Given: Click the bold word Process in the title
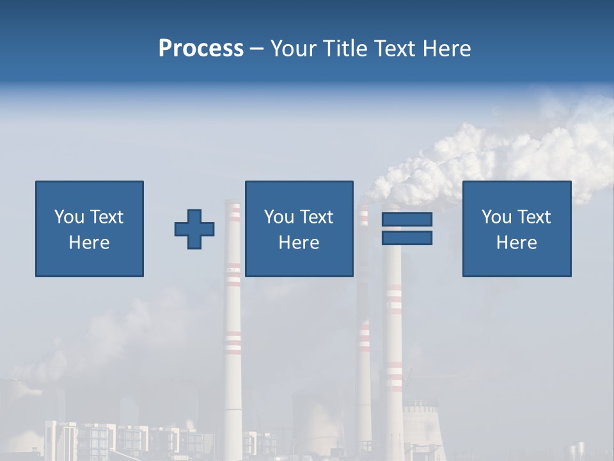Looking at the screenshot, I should click(x=201, y=49).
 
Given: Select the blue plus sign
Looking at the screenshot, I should click(x=194, y=229).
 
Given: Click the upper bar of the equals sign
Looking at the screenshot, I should click(x=407, y=219).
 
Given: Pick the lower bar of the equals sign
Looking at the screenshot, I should click(x=407, y=238).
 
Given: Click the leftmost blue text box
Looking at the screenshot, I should click(x=90, y=229).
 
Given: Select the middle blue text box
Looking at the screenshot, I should click(x=299, y=229).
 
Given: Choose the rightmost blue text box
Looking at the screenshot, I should click(x=516, y=229).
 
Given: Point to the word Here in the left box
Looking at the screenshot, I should click(x=90, y=243).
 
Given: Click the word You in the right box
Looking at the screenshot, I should click(x=496, y=217).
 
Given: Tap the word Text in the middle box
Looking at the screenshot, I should click(x=317, y=217).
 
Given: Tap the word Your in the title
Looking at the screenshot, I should click(x=292, y=49).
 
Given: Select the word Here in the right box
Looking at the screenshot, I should click(x=516, y=243).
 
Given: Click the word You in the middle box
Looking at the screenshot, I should click(x=279, y=217).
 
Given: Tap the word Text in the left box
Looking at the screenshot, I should click(x=107, y=217).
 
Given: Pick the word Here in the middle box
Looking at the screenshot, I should click(x=299, y=243).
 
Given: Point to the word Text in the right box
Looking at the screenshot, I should click(x=535, y=217).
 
